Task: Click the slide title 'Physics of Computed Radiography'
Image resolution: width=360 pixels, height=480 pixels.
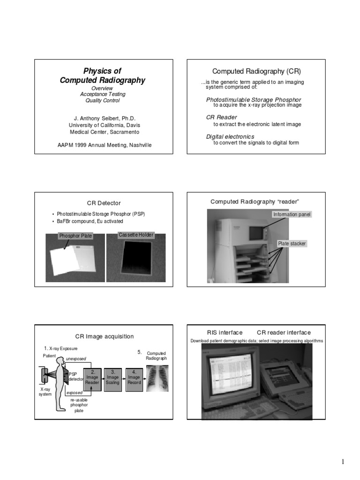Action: point(102,76)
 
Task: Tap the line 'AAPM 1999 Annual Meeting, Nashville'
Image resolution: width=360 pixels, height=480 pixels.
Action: point(104,145)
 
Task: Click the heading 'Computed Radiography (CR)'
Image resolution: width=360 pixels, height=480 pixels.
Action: point(256,71)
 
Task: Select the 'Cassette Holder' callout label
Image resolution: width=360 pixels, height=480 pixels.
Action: point(136,235)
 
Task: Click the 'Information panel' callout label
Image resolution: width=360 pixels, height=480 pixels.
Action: point(292,215)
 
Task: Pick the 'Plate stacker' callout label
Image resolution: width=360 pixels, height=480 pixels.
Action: point(292,244)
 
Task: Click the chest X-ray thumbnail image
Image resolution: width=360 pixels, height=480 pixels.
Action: point(157,378)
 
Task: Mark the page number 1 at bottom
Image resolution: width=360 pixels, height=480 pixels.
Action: point(343,462)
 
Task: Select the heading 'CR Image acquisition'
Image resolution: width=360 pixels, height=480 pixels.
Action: point(105,336)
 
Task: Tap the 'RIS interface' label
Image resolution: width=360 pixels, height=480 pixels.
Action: point(225,332)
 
